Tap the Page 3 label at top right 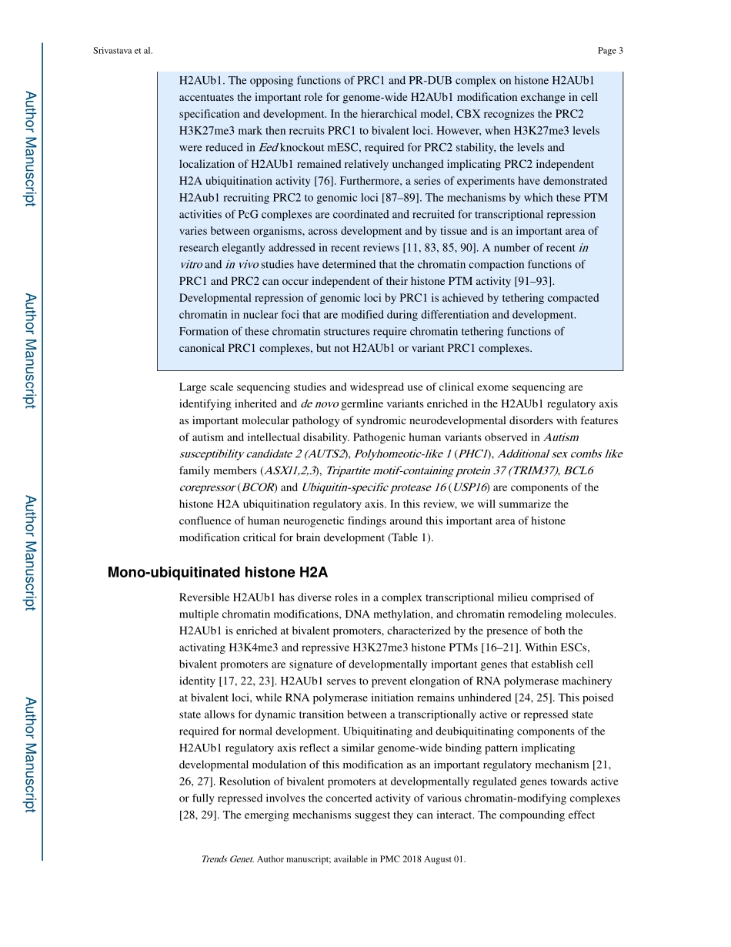[609, 51]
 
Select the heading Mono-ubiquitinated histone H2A [218, 572]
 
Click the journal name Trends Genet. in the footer [228, 859]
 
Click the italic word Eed [267, 147]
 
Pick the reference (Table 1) [409, 537]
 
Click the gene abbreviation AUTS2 [329, 454]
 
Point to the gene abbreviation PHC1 [479, 454]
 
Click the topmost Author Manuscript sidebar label [30, 149]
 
